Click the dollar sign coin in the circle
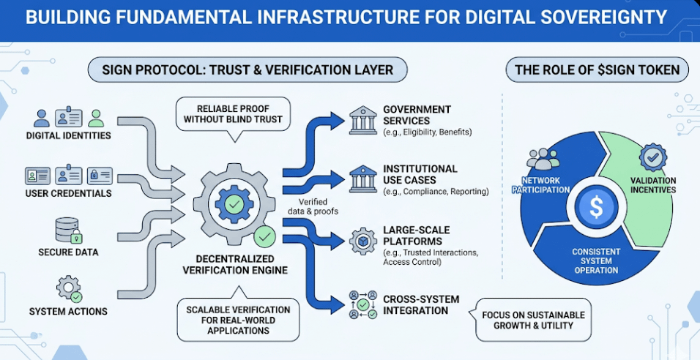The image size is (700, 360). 596,207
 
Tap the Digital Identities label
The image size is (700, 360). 68,135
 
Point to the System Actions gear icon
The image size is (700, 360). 69,288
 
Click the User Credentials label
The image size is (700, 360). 68,193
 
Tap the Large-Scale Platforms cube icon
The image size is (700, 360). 363,240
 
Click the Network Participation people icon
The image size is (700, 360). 543,158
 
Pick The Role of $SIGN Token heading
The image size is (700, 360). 597,70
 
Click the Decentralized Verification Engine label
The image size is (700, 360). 236,265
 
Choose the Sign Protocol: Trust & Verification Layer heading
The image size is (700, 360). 247,70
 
